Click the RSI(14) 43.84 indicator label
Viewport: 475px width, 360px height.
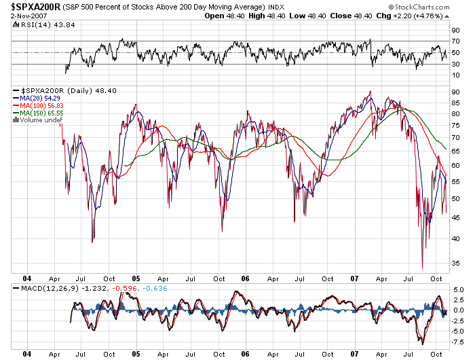coord(39,26)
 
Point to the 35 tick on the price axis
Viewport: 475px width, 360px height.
coord(455,263)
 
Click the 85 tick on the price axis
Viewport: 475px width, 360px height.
coord(455,103)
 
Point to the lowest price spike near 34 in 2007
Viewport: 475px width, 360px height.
coord(422,268)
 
